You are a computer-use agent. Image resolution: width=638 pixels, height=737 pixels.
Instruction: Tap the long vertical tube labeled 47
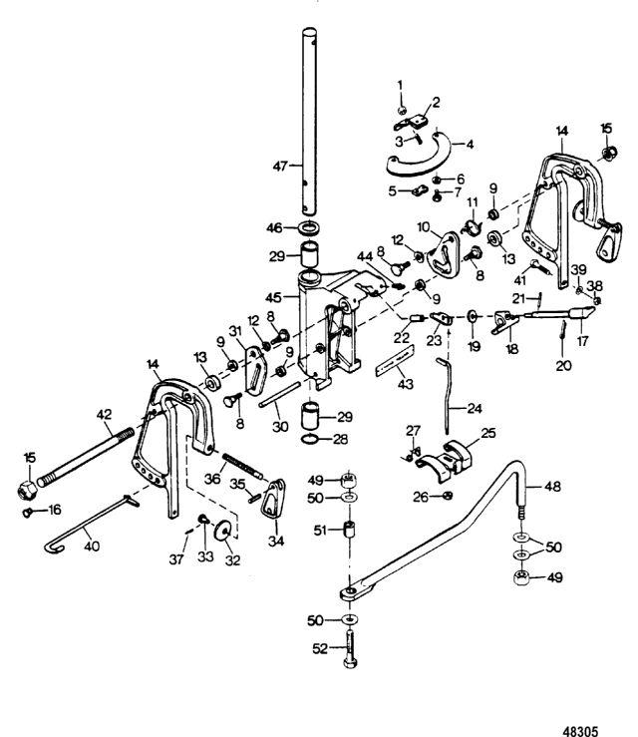[312, 120]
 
